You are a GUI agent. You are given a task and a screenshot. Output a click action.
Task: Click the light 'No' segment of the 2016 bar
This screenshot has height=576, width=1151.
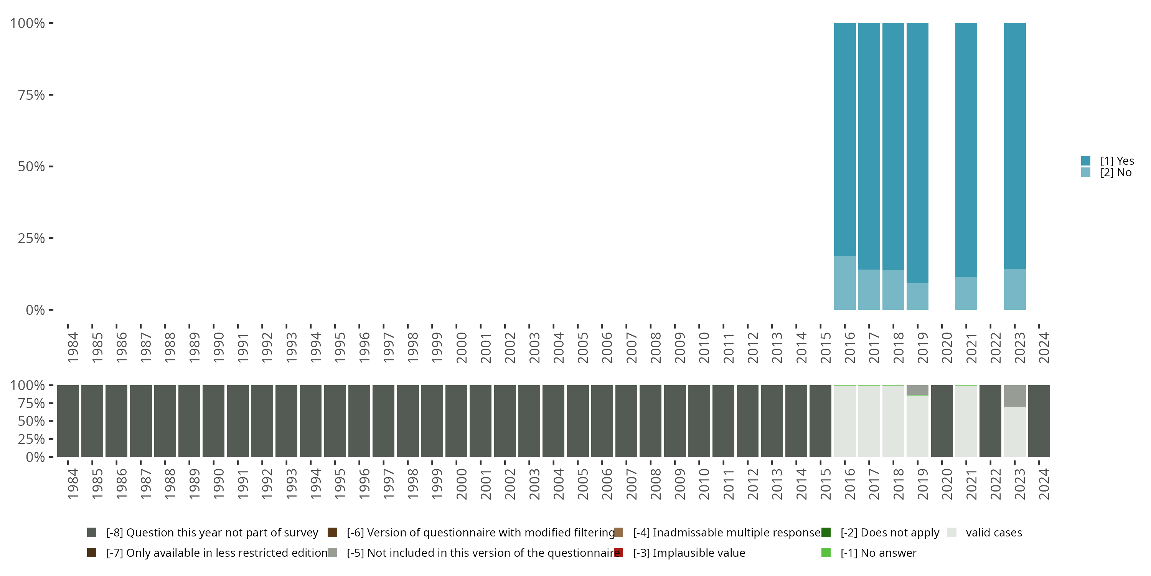[844, 283]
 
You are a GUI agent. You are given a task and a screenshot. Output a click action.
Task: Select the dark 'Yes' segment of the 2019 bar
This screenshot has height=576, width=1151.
[917, 152]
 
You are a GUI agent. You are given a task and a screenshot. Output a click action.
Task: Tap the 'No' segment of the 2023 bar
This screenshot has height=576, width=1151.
[1015, 289]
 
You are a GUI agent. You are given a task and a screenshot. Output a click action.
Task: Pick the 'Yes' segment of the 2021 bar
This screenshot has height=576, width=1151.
[966, 150]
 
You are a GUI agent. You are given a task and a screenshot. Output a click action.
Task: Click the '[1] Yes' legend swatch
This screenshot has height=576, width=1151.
[1086, 161]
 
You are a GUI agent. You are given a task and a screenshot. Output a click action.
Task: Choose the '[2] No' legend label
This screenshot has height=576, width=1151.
[1116, 173]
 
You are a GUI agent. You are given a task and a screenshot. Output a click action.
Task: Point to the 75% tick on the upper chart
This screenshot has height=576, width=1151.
[51, 95]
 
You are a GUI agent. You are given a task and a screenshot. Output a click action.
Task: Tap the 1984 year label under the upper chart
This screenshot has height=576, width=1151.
[73, 348]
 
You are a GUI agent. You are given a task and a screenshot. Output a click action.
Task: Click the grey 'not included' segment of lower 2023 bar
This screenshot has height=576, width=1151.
[1015, 396]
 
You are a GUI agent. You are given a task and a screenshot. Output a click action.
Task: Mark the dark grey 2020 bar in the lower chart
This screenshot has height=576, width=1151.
[942, 421]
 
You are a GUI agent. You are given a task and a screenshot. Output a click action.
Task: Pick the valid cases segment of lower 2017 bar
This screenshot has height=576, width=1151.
[869, 421]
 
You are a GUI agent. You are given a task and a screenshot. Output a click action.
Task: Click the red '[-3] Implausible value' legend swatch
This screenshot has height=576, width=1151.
[618, 553]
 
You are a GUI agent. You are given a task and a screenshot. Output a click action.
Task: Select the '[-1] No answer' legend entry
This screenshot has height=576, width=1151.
[878, 553]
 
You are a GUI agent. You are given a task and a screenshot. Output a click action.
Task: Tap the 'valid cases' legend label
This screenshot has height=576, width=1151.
[994, 533]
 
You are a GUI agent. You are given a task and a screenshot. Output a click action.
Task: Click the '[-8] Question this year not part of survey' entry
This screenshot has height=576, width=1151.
[212, 533]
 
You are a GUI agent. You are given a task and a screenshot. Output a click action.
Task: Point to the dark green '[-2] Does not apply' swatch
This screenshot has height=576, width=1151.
[826, 533]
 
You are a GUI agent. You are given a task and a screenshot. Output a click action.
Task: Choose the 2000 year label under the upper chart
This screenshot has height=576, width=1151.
[461, 348]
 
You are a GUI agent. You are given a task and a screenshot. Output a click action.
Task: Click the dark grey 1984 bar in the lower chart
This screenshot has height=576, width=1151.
[68, 421]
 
